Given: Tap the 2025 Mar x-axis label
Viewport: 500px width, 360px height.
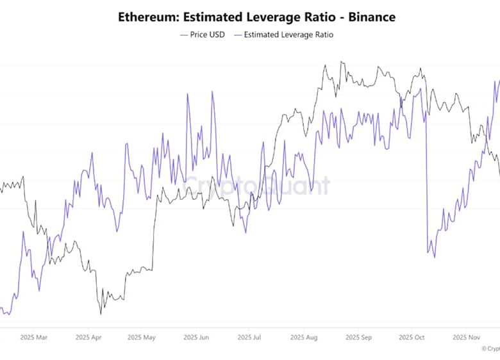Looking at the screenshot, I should pyautogui.click(x=33, y=336).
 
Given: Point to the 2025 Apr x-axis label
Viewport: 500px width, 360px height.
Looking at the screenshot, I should pyautogui.click(x=88, y=336).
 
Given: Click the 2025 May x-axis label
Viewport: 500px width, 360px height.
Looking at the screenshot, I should pyautogui.click(x=141, y=336).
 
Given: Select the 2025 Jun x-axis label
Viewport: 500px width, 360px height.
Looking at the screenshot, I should pyautogui.click(x=196, y=336).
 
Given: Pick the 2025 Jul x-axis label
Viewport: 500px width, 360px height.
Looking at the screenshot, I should pyautogui.click(x=249, y=336).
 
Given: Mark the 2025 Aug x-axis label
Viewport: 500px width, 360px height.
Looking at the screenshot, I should pyautogui.click(x=303, y=336).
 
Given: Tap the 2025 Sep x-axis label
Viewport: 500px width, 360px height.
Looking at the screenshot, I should pyautogui.click(x=358, y=336).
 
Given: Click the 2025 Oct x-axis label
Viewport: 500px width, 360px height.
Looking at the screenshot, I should pyautogui.click(x=412, y=336).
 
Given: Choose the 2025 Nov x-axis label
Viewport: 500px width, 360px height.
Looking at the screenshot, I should pyautogui.click(x=466, y=336).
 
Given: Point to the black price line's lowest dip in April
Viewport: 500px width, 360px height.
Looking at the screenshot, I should pyautogui.click(x=101, y=314).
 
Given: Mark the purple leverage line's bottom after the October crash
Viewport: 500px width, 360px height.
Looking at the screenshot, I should pyautogui.click(x=434, y=257).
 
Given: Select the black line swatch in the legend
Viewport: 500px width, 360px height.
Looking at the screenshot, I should pyautogui.click(x=185, y=35).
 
